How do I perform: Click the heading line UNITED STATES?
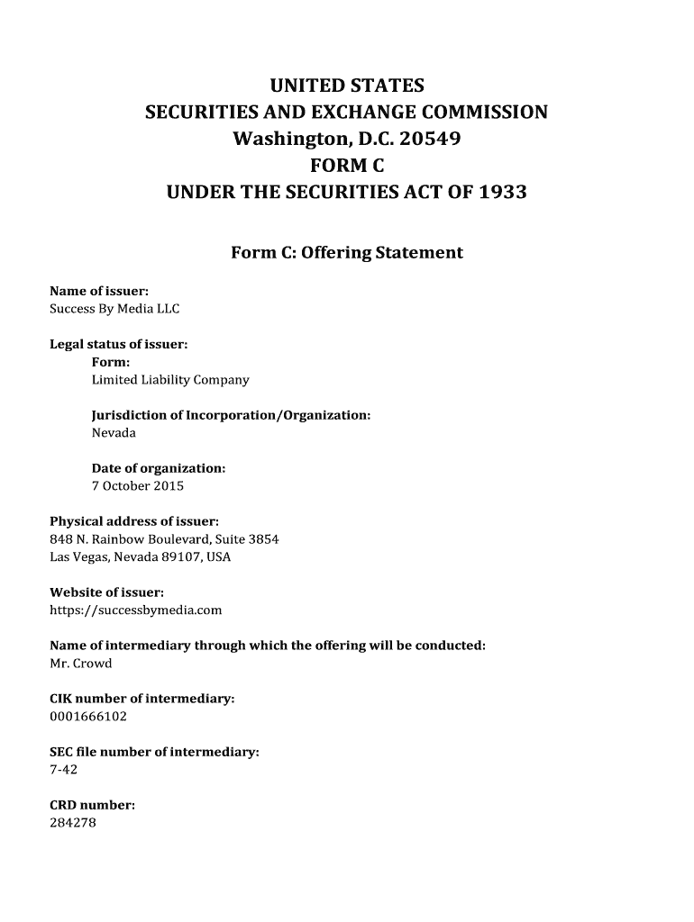347,86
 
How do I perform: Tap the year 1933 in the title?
503,193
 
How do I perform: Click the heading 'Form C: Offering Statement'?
347,253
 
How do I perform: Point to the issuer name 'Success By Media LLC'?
114,309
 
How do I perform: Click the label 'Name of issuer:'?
98,291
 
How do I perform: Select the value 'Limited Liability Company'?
170,380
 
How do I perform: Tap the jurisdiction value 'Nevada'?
114,433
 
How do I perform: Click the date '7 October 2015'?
138,486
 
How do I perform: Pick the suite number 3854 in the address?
263,539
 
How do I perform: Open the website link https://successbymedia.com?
135,610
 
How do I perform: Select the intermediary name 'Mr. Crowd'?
80,664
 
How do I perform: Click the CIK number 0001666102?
88,717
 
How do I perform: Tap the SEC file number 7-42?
64,770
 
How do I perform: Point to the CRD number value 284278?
73,823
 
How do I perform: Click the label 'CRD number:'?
92,806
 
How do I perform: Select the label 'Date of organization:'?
159,468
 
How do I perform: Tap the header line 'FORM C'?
347,167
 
